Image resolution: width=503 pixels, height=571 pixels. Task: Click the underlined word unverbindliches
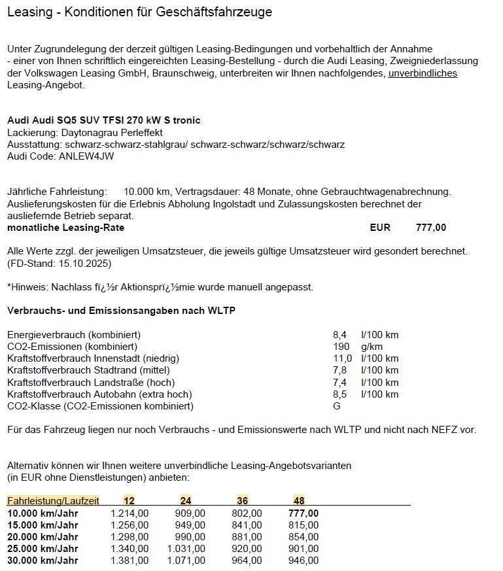click(423, 73)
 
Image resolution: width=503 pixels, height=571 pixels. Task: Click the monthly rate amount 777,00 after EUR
click(431, 228)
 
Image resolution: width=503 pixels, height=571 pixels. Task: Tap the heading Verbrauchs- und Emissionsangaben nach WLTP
click(121, 310)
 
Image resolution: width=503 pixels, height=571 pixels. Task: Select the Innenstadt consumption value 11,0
click(342, 358)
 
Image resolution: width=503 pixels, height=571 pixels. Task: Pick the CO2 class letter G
click(337, 406)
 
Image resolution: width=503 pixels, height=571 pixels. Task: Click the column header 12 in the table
click(129, 501)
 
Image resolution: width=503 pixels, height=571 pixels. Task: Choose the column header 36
click(242, 501)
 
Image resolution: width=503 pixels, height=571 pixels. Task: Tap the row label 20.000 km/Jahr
click(43, 537)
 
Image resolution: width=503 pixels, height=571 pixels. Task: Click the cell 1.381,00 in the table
click(130, 561)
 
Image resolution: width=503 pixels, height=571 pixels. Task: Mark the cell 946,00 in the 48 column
click(304, 561)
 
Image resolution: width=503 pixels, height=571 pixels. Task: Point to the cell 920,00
click(247, 549)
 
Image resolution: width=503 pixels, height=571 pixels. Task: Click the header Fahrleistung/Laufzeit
click(53, 501)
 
